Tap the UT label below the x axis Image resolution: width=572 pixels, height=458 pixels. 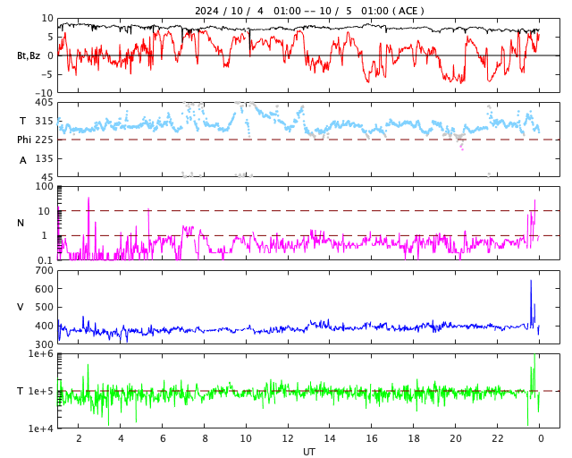pos(308,452)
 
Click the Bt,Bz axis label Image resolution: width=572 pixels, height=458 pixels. pos(29,55)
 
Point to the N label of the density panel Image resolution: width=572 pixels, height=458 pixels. pos(21,223)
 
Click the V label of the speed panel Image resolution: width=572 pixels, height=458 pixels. pos(21,307)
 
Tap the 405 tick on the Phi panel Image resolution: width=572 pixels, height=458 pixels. pos(45,103)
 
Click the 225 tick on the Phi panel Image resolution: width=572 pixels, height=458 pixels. pos(45,140)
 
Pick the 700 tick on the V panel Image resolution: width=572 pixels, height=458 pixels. pos(45,270)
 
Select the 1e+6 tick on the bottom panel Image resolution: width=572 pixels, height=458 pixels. pos(41,354)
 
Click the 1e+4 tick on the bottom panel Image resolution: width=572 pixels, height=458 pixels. pos(41,428)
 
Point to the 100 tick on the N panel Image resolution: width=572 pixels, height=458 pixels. pos(45,186)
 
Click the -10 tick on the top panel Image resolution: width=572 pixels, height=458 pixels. pos(44,92)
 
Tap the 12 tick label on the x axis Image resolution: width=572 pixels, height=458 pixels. pos(288,438)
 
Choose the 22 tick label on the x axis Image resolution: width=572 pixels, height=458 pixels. pos(497,438)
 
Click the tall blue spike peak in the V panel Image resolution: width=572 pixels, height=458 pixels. pos(531,282)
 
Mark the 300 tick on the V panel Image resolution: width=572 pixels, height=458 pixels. pos(45,344)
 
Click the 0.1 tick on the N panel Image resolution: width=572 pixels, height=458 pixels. pos(45,260)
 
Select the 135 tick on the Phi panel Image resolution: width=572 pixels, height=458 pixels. pos(45,158)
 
